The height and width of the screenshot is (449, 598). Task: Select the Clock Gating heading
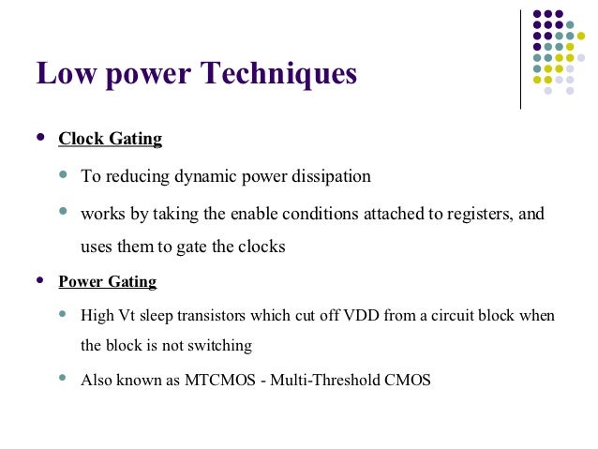[110, 140]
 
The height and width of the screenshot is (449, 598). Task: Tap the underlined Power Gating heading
[107, 281]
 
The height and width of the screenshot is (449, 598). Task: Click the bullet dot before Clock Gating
[39, 138]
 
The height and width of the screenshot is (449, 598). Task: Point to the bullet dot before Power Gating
[39, 279]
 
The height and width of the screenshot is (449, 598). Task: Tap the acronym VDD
[361, 316]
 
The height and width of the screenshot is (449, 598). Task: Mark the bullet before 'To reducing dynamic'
[63, 174]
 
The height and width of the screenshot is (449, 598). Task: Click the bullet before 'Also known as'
[63, 379]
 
